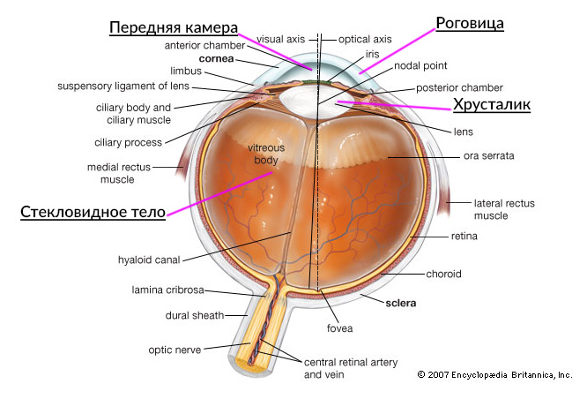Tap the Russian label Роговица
471,24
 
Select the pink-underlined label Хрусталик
492,105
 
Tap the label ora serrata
488,156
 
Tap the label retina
464,237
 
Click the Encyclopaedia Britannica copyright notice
495,374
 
